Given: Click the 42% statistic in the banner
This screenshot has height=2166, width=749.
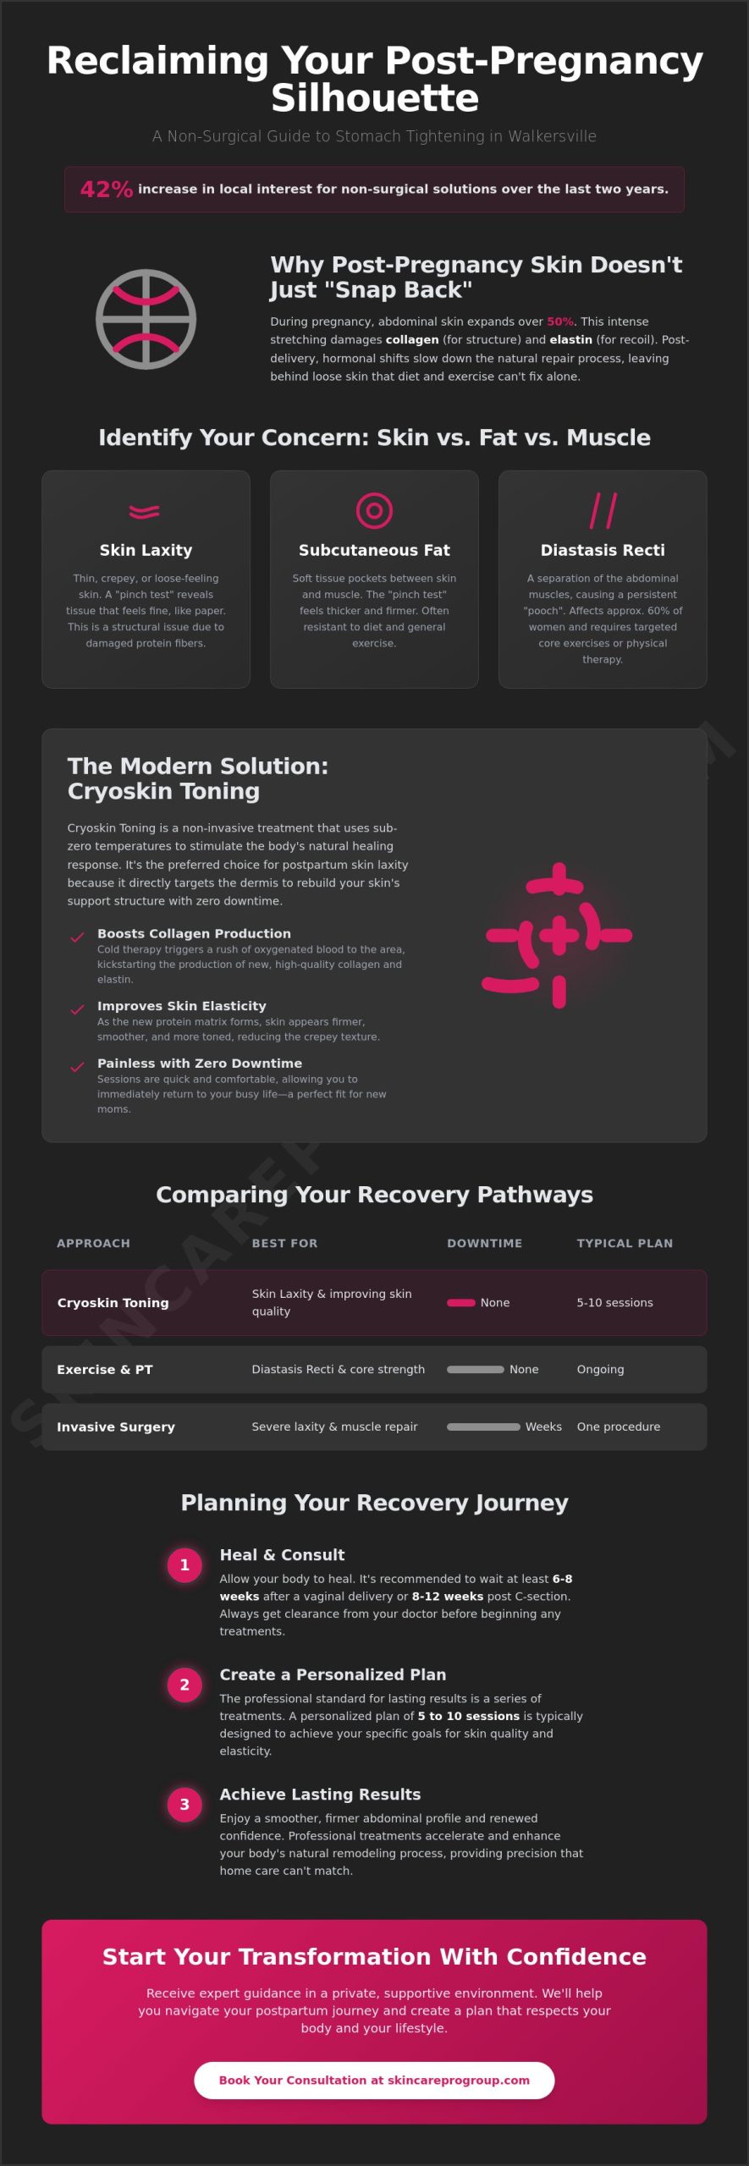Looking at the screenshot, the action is pyautogui.click(x=107, y=189).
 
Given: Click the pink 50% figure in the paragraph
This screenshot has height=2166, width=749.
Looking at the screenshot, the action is pyautogui.click(x=559, y=322).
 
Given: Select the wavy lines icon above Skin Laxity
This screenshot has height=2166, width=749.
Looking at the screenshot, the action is pyautogui.click(x=145, y=511).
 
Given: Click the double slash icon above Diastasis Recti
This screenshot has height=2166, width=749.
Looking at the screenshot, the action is pyautogui.click(x=603, y=510).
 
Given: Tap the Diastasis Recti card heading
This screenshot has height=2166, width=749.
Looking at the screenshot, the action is pyautogui.click(x=603, y=550).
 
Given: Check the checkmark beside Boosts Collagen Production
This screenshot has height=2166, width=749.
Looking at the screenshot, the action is pyautogui.click(x=77, y=937).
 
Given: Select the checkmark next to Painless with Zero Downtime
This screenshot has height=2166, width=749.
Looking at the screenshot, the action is pyautogui.click(x=77, y=1067).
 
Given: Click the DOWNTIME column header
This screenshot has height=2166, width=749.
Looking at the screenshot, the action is pyautogui.click(x=484, y=1243).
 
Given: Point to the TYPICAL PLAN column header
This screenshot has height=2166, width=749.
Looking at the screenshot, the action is pyautogui.click(x=625, y=1243).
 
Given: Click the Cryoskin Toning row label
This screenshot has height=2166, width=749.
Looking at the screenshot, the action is pyautogui.click(x=113, y=1303).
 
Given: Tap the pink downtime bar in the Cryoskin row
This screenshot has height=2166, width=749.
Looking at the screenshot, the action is pyautogui.click(x=461, y=1303).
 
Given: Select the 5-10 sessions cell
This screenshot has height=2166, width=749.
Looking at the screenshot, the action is pyautogui.click(x=614, y=1303).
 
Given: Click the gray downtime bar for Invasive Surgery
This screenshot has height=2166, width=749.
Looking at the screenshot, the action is pyautogui.click(x=483, y=1427).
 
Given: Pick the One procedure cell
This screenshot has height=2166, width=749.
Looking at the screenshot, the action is pyautogui.click(x=619, y=1427).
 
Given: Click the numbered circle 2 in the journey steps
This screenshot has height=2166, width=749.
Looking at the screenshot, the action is pyautogui.click(x=184, y=1685).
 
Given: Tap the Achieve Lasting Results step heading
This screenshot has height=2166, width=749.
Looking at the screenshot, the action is pyautogui.click(x=320, y=1794).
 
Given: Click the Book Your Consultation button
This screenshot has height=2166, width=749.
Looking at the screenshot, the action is pyautogui.click(x=374, y=2080).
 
